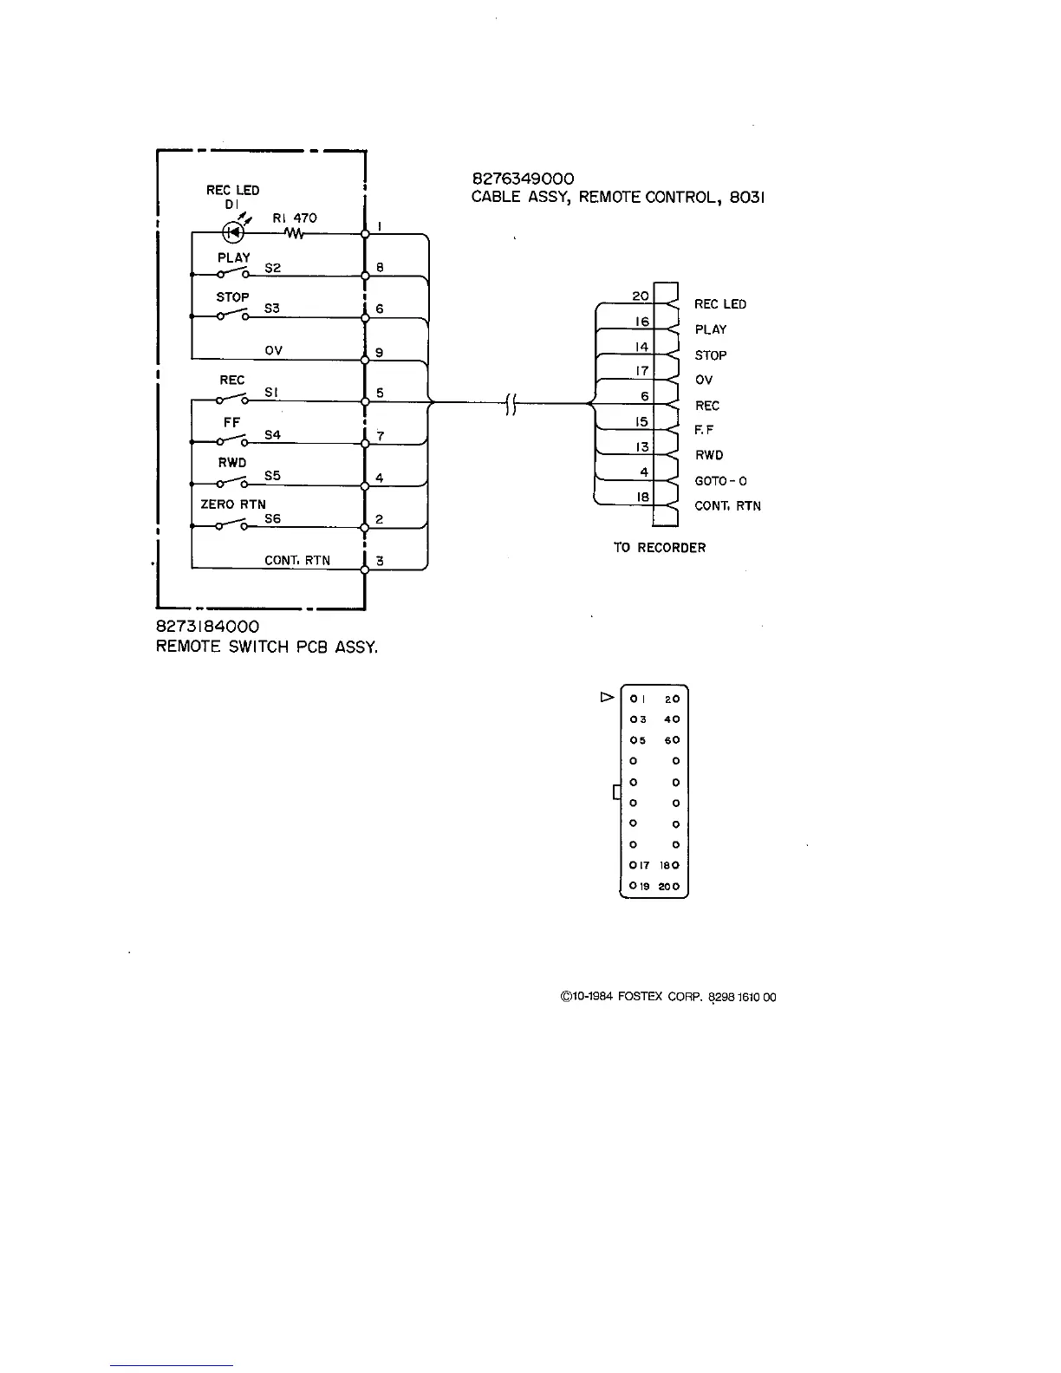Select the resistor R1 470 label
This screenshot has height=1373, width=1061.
pyautogui.click(x=295, y=218)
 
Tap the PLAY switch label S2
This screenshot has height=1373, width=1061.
pyautogui.click(x=272, y=268)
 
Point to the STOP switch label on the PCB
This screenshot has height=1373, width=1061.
pyautogui.click(x=232, y=296)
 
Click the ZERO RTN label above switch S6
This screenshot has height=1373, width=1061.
pyautogui.click(x=233, y=504)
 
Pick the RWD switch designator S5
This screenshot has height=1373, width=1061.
pyautogui.click(x=272, y=476)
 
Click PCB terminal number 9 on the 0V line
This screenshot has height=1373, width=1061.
pyautogui.click(x=380, y=353)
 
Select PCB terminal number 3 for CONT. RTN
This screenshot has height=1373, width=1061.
pyautogui.click(x=380, y=561)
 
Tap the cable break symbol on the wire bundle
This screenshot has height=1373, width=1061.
pyautogui.click(x=511, y=403)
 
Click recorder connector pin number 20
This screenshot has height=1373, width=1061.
pyautogui.click(x=640, y=296)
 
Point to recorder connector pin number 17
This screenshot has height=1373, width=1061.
pyautogui.click(x=641, y=371)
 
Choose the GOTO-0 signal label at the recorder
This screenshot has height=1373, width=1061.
pyautogui.click(x=720, y=481)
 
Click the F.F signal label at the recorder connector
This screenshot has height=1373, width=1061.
pyautogui.click(x=705, y=430)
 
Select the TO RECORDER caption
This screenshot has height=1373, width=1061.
pyautogui.click(x=659, y=548)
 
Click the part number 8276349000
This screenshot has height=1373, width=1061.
pyautogui.click(x=523, y=179)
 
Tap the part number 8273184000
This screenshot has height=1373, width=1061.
pyautogui.click(x=207, y=626)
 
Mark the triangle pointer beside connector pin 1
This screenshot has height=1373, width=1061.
pyautogui.click(x=607, y=697)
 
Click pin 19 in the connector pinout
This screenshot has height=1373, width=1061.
pyautogui.click(x=639, y=886)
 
